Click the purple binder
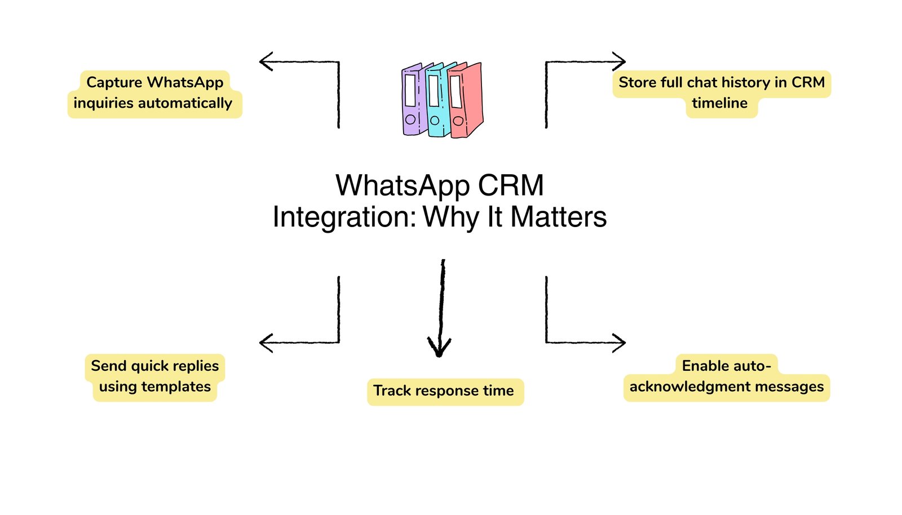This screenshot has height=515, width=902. click(412, 100)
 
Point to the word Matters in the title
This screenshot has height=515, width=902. click(558, 217)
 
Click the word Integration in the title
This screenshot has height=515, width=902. click(343, 217)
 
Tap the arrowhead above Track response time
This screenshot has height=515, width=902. click(439, 347)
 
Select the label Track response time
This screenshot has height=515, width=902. click(444, 391)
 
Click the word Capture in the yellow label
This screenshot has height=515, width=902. click(114, 82)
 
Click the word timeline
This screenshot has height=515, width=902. click(719, 103)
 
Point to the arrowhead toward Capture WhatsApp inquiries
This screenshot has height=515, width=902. click(264, 61)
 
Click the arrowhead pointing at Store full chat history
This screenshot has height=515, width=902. click(620, 61)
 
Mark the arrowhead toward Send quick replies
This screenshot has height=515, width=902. click(264, 342)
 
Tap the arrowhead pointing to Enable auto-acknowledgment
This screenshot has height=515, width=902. click(620, 342)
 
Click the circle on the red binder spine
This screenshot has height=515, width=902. click(458, 121)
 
